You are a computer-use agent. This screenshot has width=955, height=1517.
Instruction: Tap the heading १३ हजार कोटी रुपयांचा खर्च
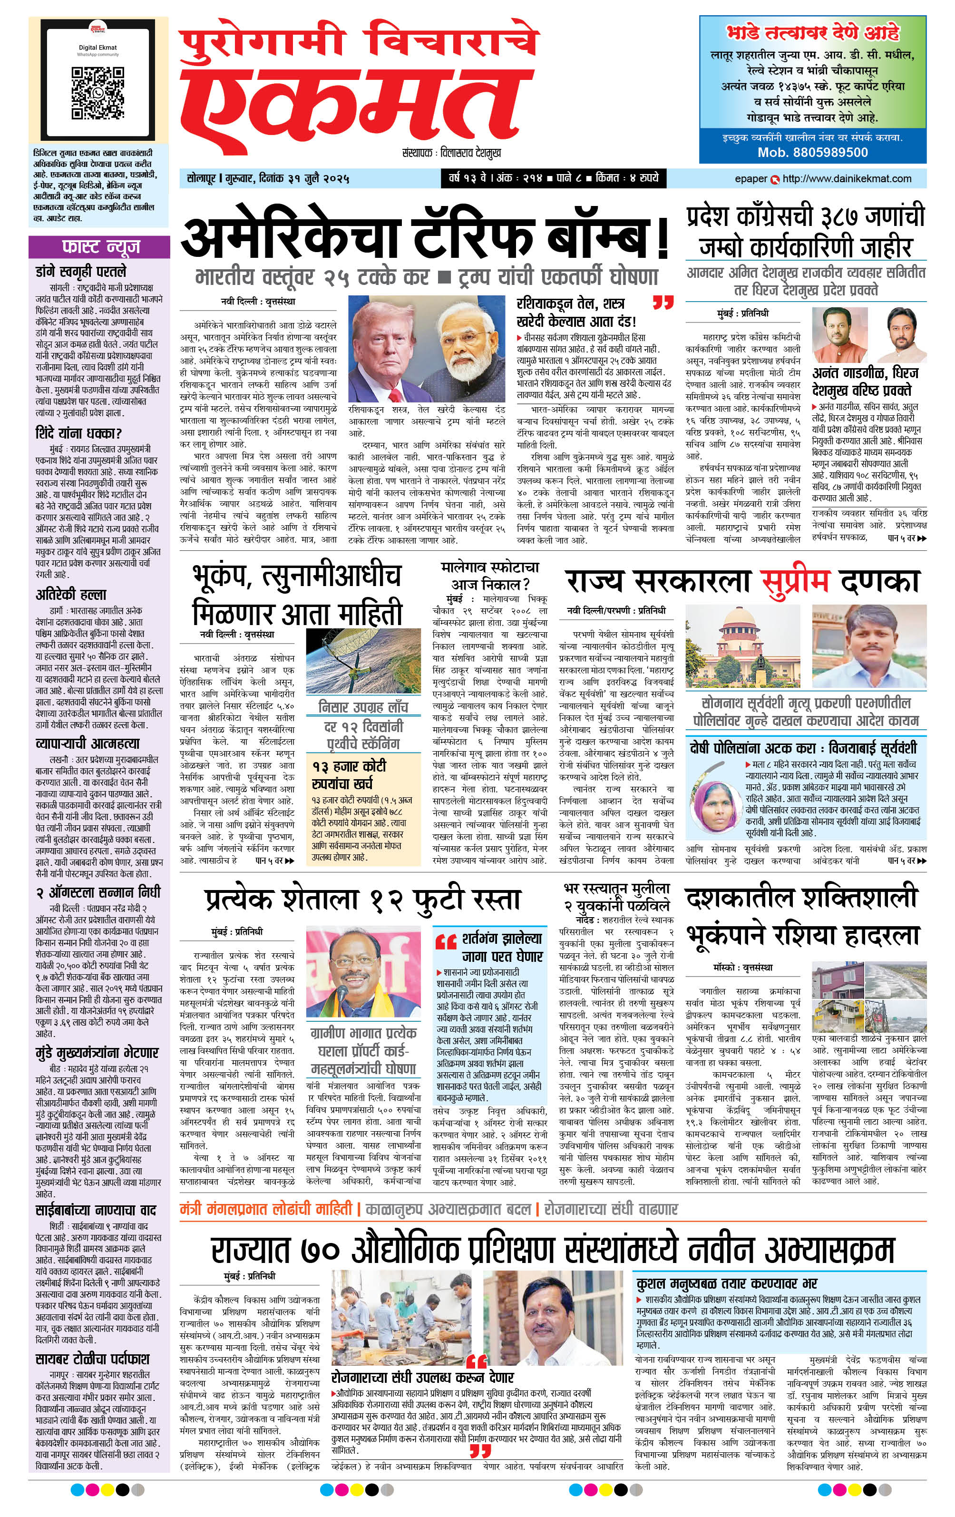click(349, 774)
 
